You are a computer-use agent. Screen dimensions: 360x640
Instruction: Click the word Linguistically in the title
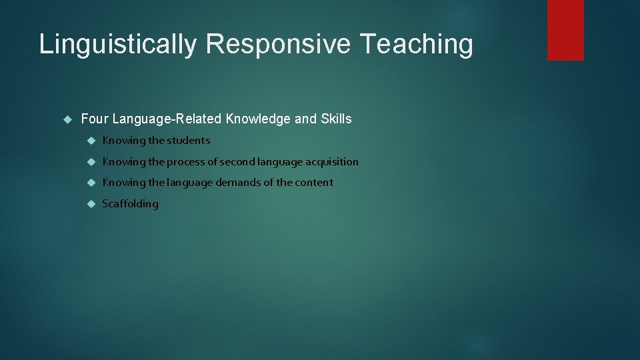(x=117, y=45)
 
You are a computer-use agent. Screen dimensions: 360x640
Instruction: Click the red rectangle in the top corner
(x=565, y=30)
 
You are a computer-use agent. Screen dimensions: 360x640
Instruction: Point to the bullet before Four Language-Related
(x=67, y=119)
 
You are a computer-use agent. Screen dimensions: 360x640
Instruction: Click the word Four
(x=94, y=119)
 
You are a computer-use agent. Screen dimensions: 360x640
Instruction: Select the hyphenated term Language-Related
(x=167, y=119)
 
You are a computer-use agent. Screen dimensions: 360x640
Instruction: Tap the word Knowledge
(x=258, y=119)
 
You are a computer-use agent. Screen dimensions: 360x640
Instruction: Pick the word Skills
(x=336, y=119)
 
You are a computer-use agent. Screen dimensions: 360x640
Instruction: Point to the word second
(x=241, y=162)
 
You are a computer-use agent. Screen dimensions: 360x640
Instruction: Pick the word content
(x=314, y=183)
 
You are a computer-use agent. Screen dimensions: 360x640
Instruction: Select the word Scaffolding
(x=130, y=204)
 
